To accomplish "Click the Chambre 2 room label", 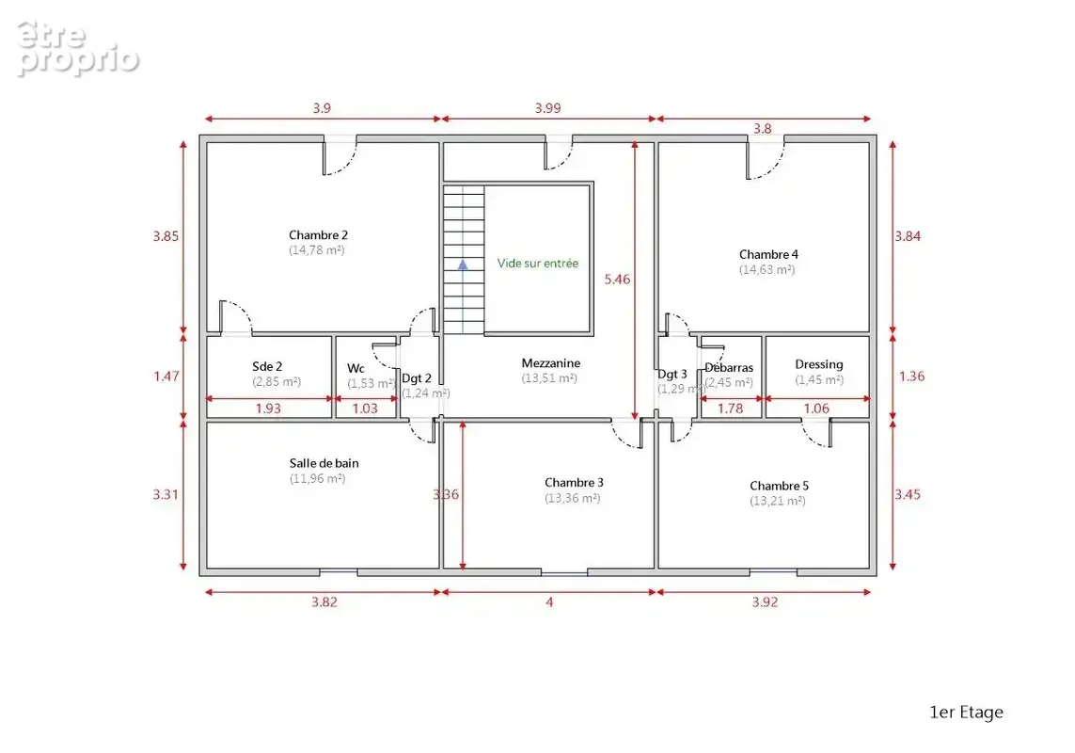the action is (318, 235).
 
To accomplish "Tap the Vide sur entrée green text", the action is (538, 263).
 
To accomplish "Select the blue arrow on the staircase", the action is (463, 264).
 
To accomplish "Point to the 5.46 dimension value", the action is (617, 280).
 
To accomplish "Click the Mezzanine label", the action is (550, 363).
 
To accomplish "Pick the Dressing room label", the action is (818, 364).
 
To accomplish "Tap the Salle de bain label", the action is (324, 463).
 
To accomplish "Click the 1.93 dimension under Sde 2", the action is (268, 409).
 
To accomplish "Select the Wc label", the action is (356, 369).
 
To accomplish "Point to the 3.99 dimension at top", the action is (547, 108).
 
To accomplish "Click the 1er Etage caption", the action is (966, 713).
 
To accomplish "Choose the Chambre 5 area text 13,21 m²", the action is (778, 501).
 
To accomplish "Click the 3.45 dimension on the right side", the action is (907, 494).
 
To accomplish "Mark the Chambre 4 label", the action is (768, 255).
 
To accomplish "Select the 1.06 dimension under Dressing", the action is (816, 409).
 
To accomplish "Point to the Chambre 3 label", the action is (574, 483).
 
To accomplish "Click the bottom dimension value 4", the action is (549, 602).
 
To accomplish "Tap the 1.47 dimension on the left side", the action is (166, 376).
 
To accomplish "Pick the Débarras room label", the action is (729, 368).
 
